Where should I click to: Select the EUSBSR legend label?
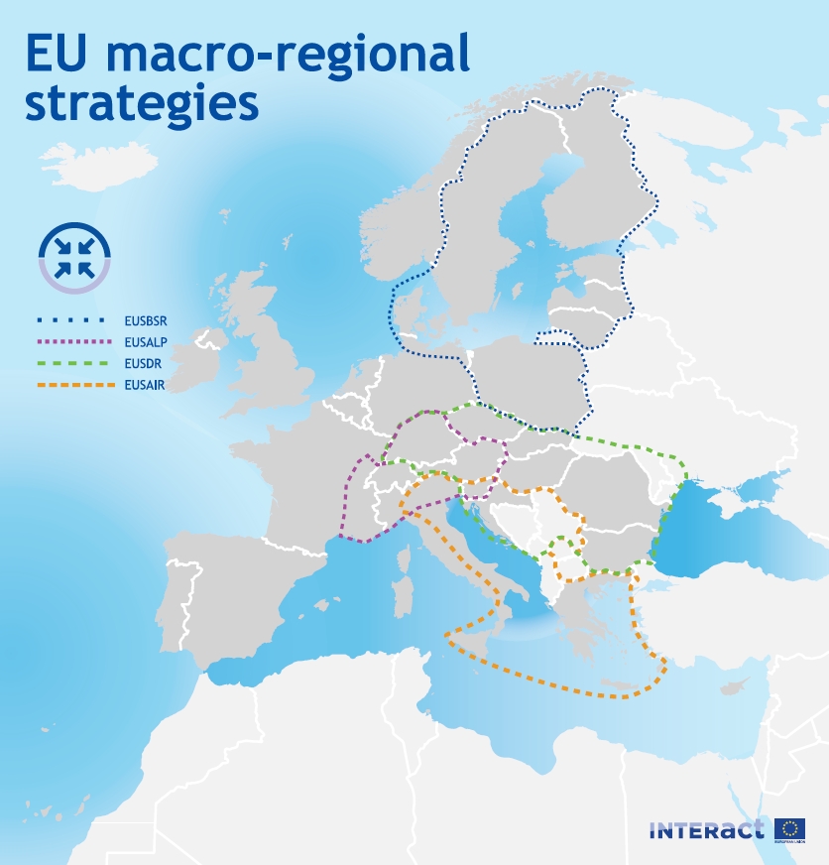click(x=146, y=320)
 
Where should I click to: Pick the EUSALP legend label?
click(x=146, y=342)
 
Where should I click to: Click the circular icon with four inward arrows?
click(x=74, y=257)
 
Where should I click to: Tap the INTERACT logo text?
click(x=707, y=830)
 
